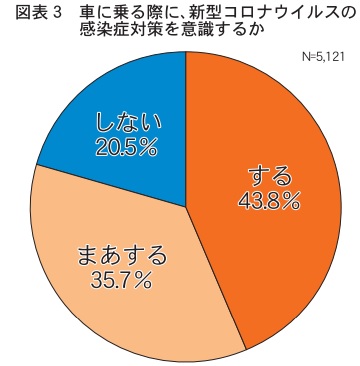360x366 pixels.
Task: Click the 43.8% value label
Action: coord(269,201)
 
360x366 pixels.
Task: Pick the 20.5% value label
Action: coord(126,147)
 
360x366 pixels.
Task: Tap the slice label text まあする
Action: coord(121,258)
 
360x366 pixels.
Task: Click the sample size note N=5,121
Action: coord(323,57)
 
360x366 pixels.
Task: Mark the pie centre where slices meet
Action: coord(186,207)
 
